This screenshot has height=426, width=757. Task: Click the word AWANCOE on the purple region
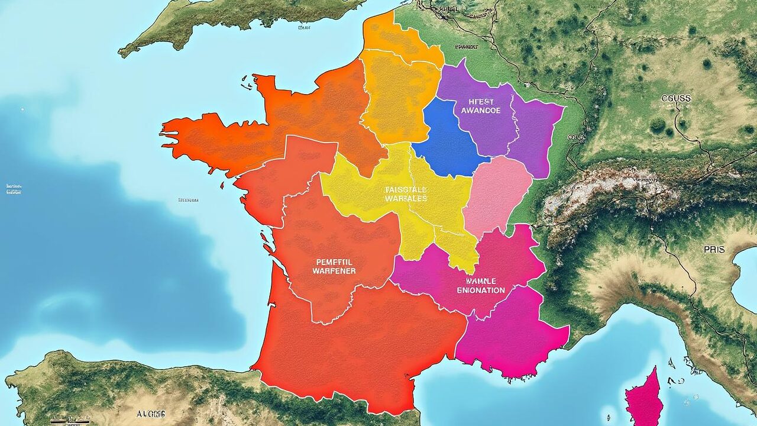480,110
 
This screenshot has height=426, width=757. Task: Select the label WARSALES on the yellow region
406,198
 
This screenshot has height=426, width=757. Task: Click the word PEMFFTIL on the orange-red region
335,260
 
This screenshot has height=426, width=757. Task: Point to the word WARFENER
334,270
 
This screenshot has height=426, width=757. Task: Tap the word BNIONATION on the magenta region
481,290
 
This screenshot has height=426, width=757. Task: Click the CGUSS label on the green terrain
677,98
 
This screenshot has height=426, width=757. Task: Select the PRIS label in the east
714,250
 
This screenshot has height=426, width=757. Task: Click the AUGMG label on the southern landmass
151,414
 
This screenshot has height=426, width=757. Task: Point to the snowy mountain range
609,189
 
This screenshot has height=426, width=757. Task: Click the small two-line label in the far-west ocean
13,189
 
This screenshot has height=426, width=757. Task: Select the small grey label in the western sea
188,200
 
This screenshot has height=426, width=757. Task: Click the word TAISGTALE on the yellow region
406,189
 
